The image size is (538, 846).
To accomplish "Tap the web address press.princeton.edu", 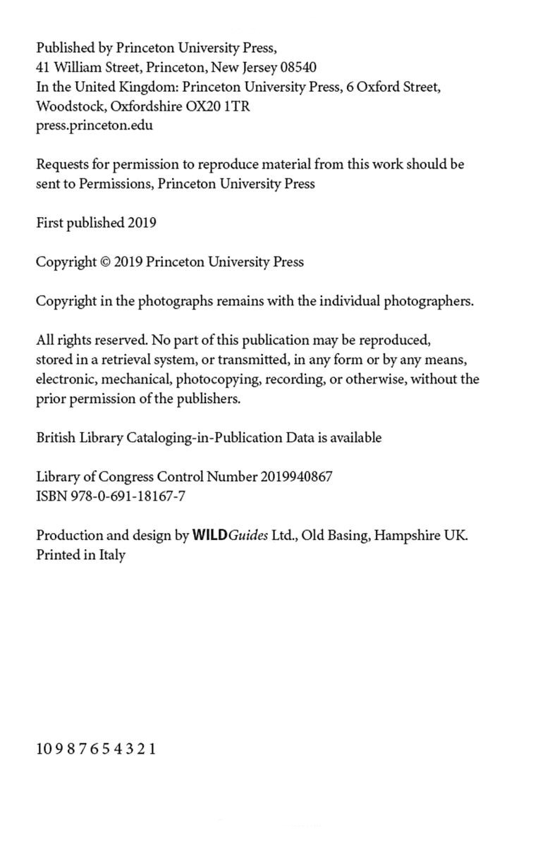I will click(x=94, y=126).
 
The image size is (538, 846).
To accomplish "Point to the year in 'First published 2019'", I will click(x=142, y=223).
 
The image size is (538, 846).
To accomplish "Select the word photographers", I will click(x=428, y=301).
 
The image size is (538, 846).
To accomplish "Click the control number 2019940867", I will click(x=296, y=477).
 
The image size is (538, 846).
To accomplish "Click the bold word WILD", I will click(x=210, y=535).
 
